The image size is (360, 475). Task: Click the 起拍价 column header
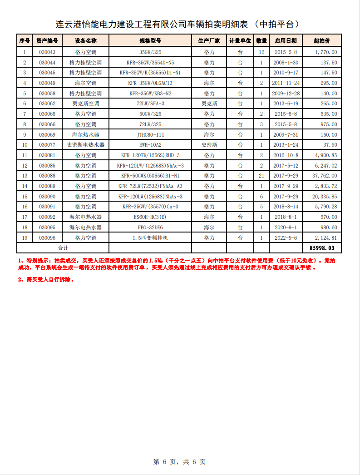pyautogui.click(x=322, y=41)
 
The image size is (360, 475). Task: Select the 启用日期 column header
pyautogui.click(x=286, y=41)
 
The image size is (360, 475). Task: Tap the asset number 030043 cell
pyautogui.click(x=47, y=52)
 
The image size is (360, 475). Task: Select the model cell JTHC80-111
pyautogui.click(x=150, y=135)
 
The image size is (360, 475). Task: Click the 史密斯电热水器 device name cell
pyautogui.click(x=85, y=145)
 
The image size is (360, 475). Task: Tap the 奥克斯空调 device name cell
pyautogui.click(x=85, y=104)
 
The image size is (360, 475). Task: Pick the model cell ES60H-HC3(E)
pyautogui.click(x=150, y=217)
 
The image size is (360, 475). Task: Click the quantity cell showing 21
pyautogui.click(x=261, y=176)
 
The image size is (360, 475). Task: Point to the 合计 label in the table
pyautogui.click(x=63, y=248)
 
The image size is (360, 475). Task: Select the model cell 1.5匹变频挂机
pyautogui.click(x=150, y=237)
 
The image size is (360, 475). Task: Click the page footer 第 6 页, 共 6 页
pyautogui.click(x=180, y=462)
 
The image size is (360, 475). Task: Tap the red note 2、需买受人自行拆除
pyautogui.click(x=46, y=280)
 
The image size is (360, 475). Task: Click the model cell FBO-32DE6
pyautogui.click(x=150, y=228)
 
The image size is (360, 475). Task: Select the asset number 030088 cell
pyautogui.click(x=47, y=176)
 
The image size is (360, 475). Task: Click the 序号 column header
pyautogui.click(x=25, y=41)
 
